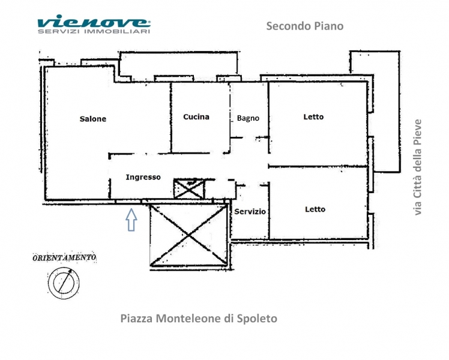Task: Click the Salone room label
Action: [93, 119]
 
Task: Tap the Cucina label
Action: [196, 117]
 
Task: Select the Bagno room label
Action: [248, 118]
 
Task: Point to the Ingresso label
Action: [143, 178]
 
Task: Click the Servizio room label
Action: [250, 211]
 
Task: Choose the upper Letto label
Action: [313, 117]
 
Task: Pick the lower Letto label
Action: [315, 209]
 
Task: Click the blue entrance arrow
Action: [131, 220]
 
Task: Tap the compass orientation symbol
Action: [64, 283]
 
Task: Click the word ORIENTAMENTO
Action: [64, 257]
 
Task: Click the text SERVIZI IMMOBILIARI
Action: [94, 31]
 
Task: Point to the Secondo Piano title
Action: [305, 26]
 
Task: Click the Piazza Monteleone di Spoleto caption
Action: [199, 319]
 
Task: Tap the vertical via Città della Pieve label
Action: [418, 167]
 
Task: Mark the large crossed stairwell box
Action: [188, 235]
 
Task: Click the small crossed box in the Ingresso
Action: [189, 188]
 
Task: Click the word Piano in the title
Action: [329, 26]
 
